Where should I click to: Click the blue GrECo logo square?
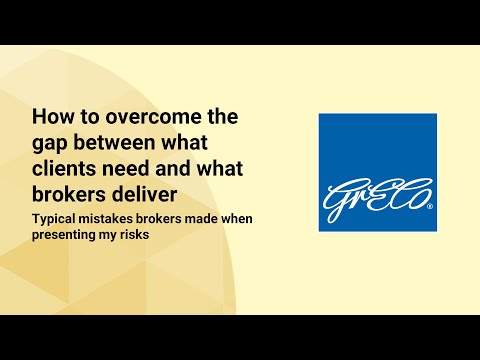click(x=377, y=172)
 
